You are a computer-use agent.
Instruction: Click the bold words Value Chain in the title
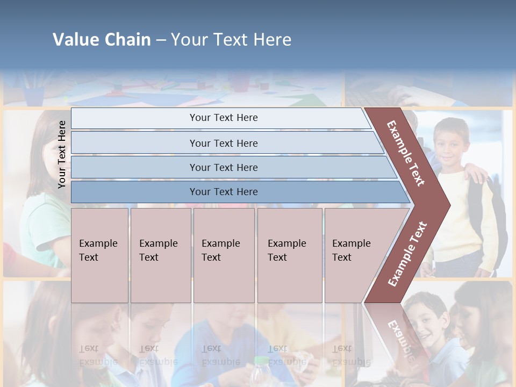point(102,40)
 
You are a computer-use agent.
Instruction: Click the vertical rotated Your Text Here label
point(62,154)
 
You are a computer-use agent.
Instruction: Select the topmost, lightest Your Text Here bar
point(223,118)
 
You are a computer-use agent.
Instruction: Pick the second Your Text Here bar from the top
point(223,143)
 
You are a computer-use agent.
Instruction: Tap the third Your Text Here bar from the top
point(223,167)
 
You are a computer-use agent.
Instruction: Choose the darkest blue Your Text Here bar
point(223,192)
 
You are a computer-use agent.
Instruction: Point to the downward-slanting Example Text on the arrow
point(406,153)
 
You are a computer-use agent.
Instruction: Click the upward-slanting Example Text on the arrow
point(407,254)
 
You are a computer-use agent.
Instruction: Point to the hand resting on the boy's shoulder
point(476,173)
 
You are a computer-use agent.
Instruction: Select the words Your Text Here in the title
point(231,40)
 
